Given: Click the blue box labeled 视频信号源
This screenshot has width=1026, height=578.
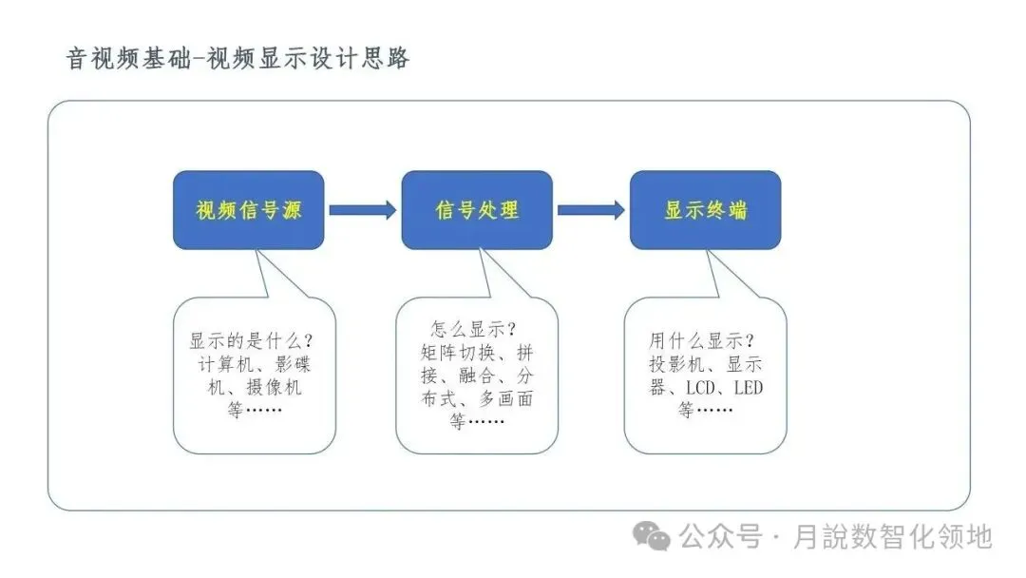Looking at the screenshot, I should [248, 210].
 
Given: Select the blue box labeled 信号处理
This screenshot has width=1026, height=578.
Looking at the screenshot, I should [476, 210].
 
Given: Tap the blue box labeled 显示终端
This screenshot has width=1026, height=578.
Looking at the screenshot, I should [705, 210].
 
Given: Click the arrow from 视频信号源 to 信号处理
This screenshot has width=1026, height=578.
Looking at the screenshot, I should [362, 210].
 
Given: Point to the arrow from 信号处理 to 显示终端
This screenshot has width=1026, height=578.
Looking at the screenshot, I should [591, 210].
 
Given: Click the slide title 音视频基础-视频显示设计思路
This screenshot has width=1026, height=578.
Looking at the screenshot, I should [237, 58].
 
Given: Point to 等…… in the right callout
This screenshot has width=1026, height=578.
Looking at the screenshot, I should [705, 412].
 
